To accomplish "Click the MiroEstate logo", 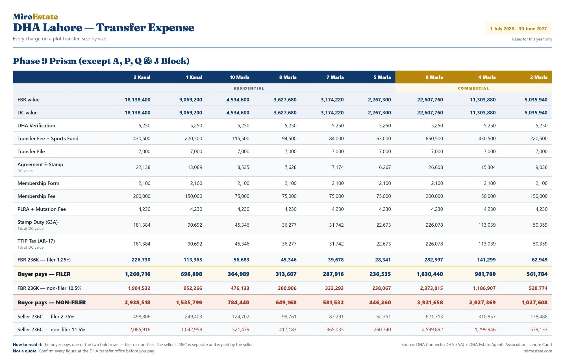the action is [x=35, y=17].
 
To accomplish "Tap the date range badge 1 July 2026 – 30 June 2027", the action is [x=518, y=29].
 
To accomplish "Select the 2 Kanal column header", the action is [x=142, y=77].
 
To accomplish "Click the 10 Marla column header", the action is [x=239, y=77].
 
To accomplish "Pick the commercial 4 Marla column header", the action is [x=487, y=77].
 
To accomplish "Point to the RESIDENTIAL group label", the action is [x=249, y=88].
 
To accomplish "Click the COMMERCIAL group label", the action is [x=473, y=88].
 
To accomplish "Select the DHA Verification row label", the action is [x=36, y=125].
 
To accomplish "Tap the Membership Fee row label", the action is [x=36, y=196].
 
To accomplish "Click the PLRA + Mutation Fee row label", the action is [x=42, y=209].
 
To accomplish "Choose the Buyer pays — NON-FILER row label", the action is [x=52, y=302].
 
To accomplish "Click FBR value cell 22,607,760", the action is [x=430, y=100].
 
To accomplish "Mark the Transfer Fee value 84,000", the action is [x=336, y=138].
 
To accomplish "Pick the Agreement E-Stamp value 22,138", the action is [x=143, y=167].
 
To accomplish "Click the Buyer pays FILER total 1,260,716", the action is [x=138, y=274].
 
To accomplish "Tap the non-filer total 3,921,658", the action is [x=430, y=302].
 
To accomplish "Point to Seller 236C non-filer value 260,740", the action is [x=382, y=329].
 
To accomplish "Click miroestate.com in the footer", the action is [x=538, y=351].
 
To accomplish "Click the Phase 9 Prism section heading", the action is [x=101, y=61].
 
